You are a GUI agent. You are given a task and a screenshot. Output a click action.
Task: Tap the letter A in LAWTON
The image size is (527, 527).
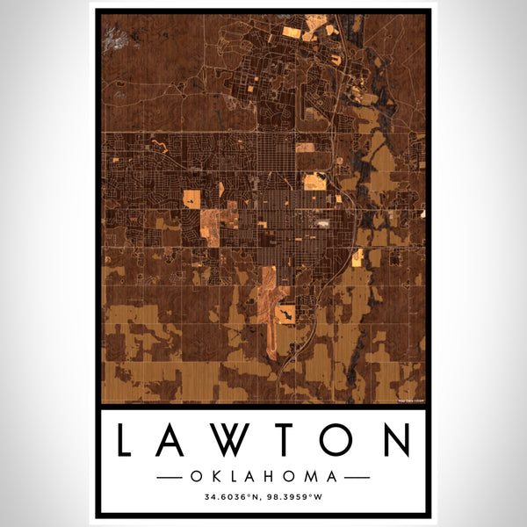pos(174,439)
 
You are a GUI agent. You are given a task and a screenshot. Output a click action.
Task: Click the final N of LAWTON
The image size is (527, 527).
pos(393,439)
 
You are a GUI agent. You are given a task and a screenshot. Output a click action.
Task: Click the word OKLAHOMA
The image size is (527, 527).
pos(263,477)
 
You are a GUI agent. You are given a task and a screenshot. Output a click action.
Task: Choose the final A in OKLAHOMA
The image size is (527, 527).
pos(332,477)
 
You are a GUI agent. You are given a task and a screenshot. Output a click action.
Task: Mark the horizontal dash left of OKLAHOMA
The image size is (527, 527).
pos(170,477)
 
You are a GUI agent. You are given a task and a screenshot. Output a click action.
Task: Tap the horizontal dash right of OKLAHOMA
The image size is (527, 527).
pos(357,477)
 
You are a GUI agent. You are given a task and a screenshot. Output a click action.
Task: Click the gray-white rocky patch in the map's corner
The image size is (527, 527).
pos(113,36)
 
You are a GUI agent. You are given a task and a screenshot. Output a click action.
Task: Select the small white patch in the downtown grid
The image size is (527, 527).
pos(325,225)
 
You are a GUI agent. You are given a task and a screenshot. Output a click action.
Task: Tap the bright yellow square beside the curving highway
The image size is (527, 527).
pos(357,256)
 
